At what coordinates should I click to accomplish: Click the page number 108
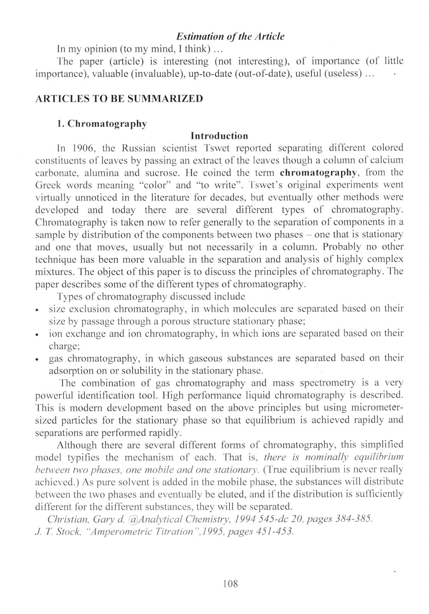231,584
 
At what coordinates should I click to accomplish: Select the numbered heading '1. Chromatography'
102,124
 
